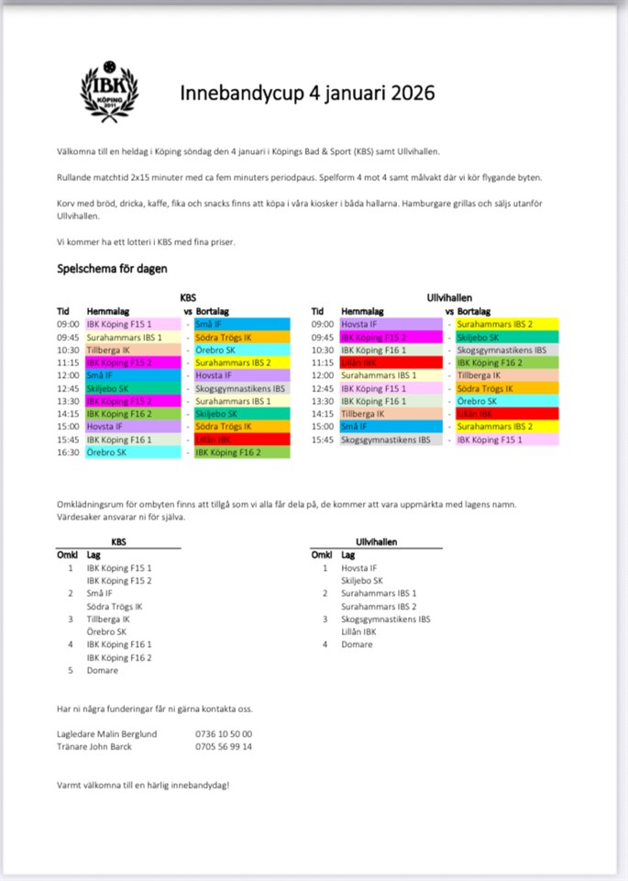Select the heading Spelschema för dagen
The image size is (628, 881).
pyautogui.click(x=112, y=269)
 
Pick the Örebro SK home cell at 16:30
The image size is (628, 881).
pyautogui.click(x=133, y=452)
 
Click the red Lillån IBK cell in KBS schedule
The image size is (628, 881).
pyautogui.click(x=242, y=440)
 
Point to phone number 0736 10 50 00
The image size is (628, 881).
pyautogui.click(x=224, y=733)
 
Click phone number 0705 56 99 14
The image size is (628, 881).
pyautogui.click(x=224, y=746)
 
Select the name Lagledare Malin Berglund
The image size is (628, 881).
pyautogui.click(x=106, y=733)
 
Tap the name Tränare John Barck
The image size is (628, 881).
pyautogui.click(x=94, y=746)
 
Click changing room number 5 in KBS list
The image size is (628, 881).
pyautogui.click(x=70, y=670)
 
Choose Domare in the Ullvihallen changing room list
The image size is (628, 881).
pyautogui.click(x=357, y=644)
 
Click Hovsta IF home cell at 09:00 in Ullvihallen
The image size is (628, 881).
pyautogui.click(x=379, y=324)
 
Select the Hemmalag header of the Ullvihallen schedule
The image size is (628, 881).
pyautogui.click(x=362, y=311)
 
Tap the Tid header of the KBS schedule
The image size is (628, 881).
pyautogui.click(x=63, y=311)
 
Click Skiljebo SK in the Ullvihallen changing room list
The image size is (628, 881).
pyautogui.click(x=362, y=580)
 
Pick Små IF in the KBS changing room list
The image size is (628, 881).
pyautogui.click(x=100, y=593)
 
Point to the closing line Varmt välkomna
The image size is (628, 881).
pyautogui.click(x=143, y=785)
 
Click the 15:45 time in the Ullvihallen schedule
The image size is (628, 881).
pyautogui.click(x=323, y=440)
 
